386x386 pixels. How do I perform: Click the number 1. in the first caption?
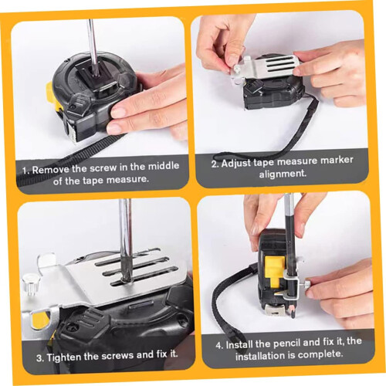point(25,171)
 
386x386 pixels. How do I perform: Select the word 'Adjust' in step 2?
point(235,163)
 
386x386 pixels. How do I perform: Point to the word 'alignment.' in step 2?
point(283,174)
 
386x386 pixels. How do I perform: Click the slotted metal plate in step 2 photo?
point(273,67)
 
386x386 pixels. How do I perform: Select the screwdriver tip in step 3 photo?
point(124,279)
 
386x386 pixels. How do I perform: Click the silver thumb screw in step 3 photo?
point(29,285)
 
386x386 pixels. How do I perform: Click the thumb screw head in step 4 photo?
point(308,285)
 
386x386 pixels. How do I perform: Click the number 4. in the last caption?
point(219,346)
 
